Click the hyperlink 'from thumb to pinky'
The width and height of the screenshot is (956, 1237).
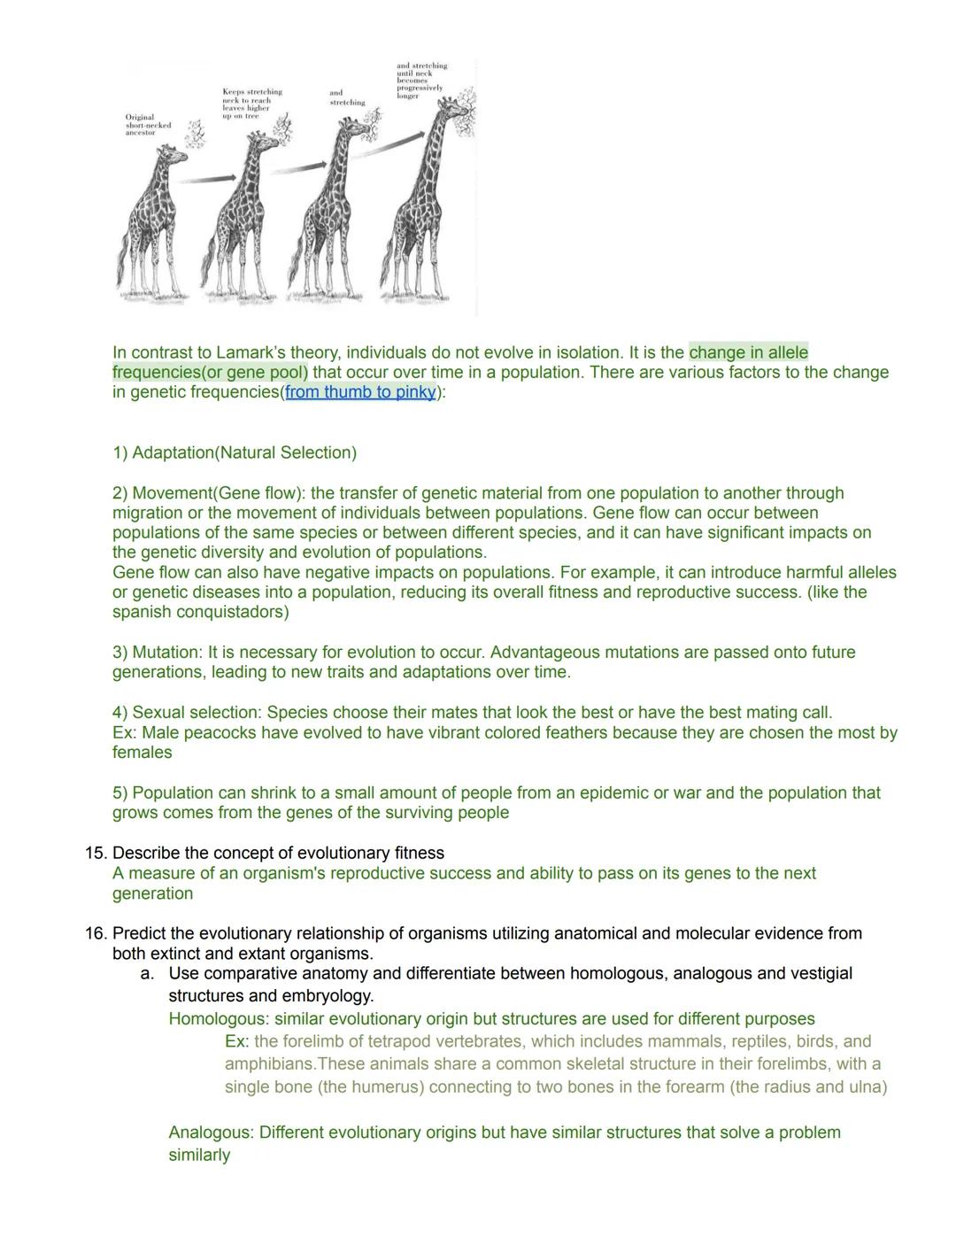[x=360, y=392]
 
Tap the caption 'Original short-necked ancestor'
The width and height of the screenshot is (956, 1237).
[x=148, y=125]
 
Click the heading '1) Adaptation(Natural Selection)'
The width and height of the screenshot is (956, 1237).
[x=235, y=452]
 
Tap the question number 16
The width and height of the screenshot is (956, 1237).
[x=96, y=934]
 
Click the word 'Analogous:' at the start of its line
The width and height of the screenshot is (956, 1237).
[x=212, y=1133]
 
